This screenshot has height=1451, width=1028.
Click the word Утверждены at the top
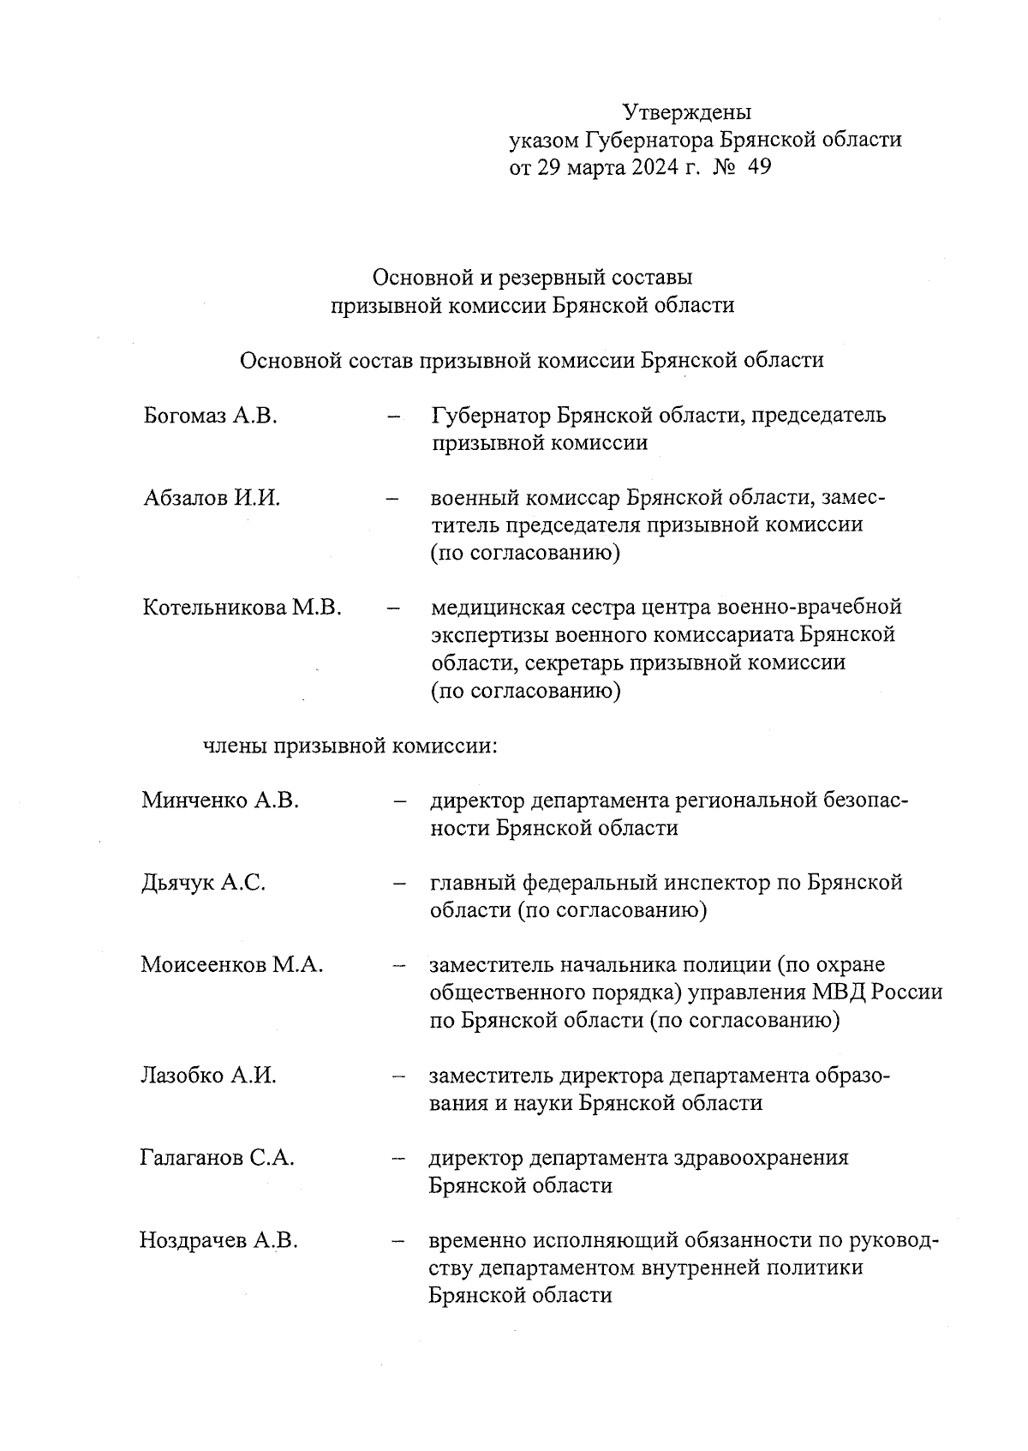[x=686, y=112]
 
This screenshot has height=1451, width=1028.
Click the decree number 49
[x=759, y=167]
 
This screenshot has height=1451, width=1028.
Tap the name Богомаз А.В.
[x=211, y=417]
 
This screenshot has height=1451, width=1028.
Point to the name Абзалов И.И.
[x=212, y=499]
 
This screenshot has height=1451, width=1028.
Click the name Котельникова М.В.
[x=242, y=609]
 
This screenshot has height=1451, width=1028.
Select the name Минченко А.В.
[x=220, y=801]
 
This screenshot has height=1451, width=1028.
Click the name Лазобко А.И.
[x=208, y=1076]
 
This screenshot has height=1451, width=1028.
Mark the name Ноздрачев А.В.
[x=218, y=1241]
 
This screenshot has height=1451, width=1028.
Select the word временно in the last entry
[x=477, y=1241]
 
